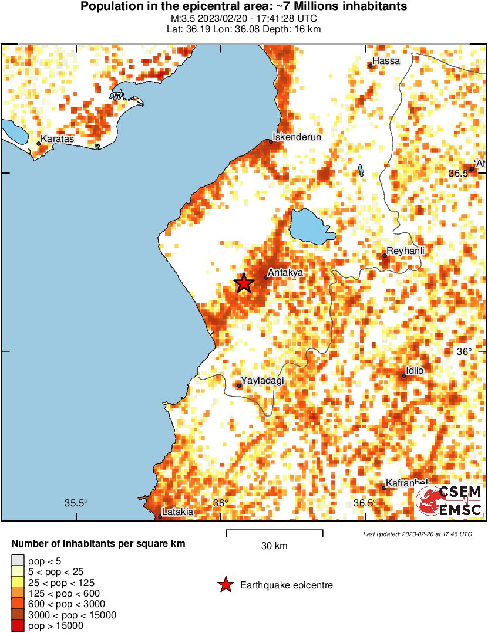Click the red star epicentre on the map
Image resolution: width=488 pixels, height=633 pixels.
(244, 283)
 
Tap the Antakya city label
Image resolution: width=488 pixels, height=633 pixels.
(285, 273)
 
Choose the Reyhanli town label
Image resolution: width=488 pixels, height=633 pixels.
(405, 251)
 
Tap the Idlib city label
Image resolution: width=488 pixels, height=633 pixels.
(414, 371)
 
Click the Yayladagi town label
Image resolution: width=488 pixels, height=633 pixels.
(262, 381)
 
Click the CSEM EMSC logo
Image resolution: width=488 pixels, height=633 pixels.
(449, 502)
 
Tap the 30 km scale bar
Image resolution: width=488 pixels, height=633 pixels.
(274, 533)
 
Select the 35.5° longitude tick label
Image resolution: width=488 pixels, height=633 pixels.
(76, 503)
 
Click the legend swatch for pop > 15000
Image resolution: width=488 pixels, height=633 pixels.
(18, 626)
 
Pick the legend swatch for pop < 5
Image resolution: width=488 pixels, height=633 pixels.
(18, 560)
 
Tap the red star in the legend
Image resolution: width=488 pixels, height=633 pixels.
(224, 585)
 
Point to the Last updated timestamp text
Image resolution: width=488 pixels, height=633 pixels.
(417, 534)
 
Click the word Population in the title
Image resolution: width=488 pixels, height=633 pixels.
(108, 7)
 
